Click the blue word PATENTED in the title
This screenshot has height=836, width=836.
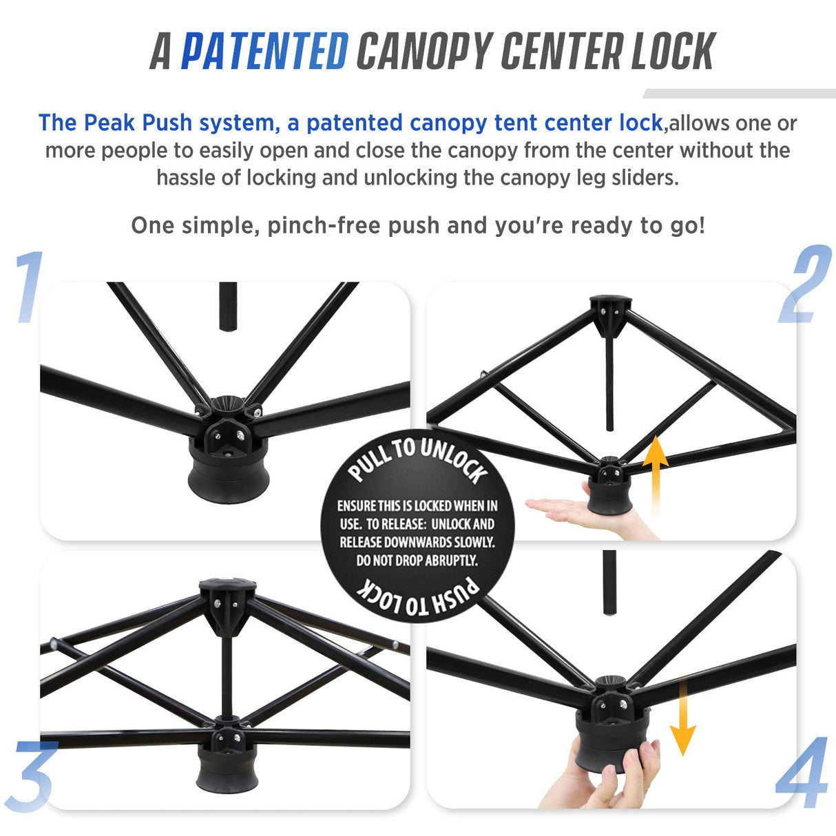tap(264, 52)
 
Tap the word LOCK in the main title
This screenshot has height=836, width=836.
tap(673, 52)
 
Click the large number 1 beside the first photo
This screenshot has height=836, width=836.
tap(29, 287)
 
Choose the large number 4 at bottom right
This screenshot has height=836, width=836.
tap(802, 773)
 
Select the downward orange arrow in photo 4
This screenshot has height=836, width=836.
tap(682, 717)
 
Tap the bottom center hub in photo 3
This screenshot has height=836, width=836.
tap(227, 757)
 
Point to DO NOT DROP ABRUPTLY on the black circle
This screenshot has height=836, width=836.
tap(417, 561)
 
